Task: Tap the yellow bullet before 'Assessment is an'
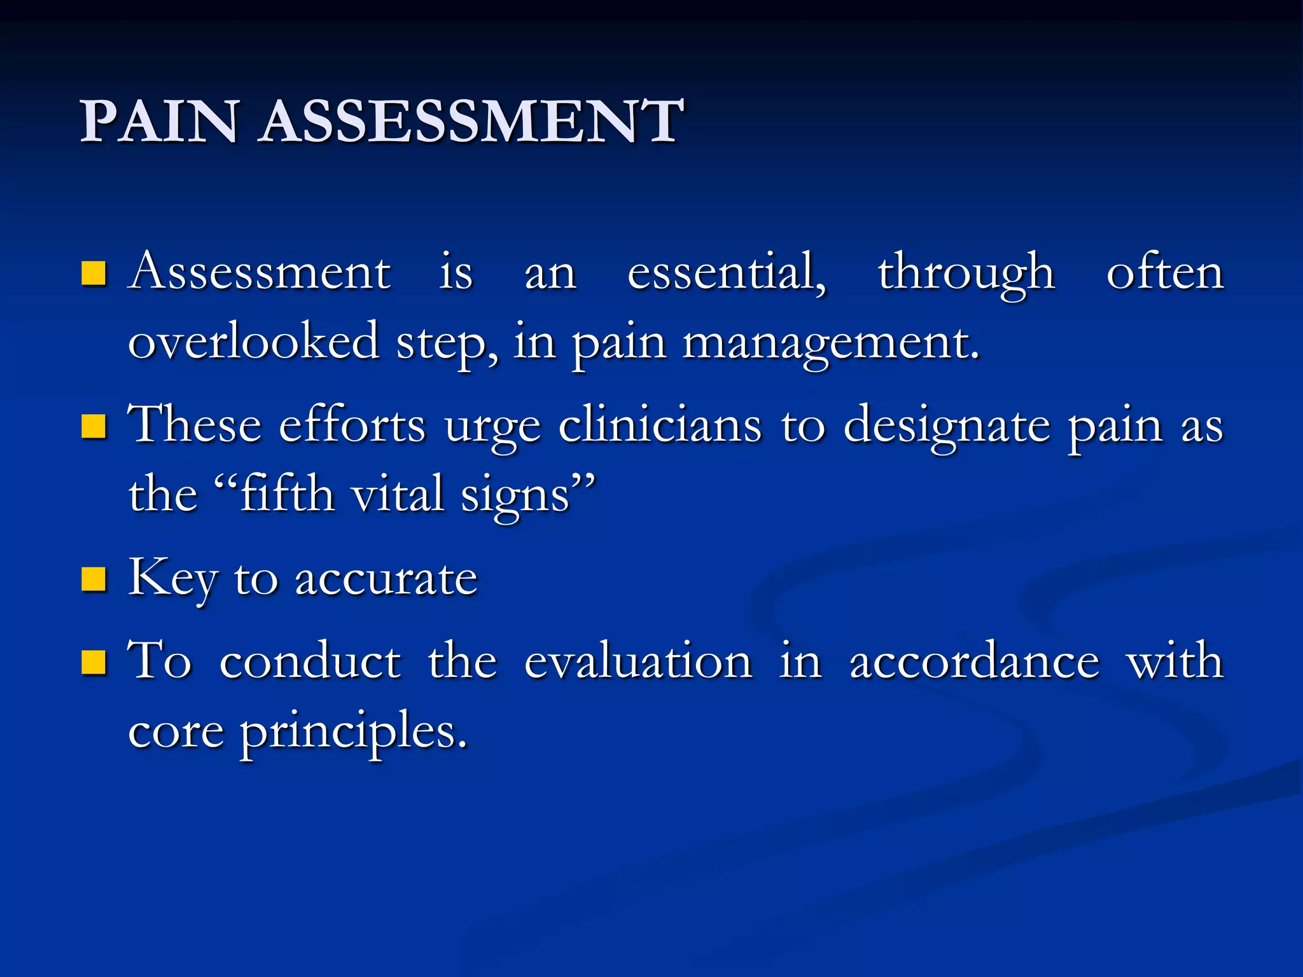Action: [x=94, y=274]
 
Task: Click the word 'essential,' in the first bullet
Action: [x=727, y=272]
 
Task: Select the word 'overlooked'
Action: [x=254, y=342]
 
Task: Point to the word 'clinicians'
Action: [x=660, y=425]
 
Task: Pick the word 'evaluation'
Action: [x=638, y=662]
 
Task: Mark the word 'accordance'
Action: [x=974, y=662]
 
